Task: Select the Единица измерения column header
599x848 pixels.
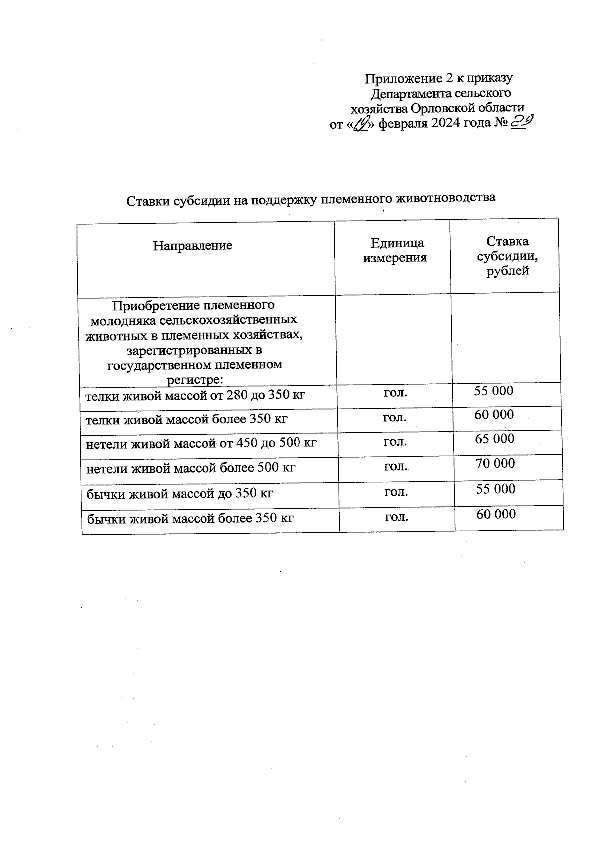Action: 395,250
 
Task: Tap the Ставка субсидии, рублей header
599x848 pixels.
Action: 507,256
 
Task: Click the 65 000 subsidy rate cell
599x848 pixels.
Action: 494,439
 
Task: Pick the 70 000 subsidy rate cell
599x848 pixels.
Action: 495,464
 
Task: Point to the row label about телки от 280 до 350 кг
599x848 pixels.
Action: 195,396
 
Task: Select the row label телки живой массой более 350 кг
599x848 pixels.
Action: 186,419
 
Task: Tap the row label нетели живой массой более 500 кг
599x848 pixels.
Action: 191,468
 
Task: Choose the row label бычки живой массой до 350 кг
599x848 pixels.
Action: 180,494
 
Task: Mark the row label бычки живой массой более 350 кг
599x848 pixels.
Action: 190,519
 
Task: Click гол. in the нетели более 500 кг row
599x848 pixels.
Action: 395,467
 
